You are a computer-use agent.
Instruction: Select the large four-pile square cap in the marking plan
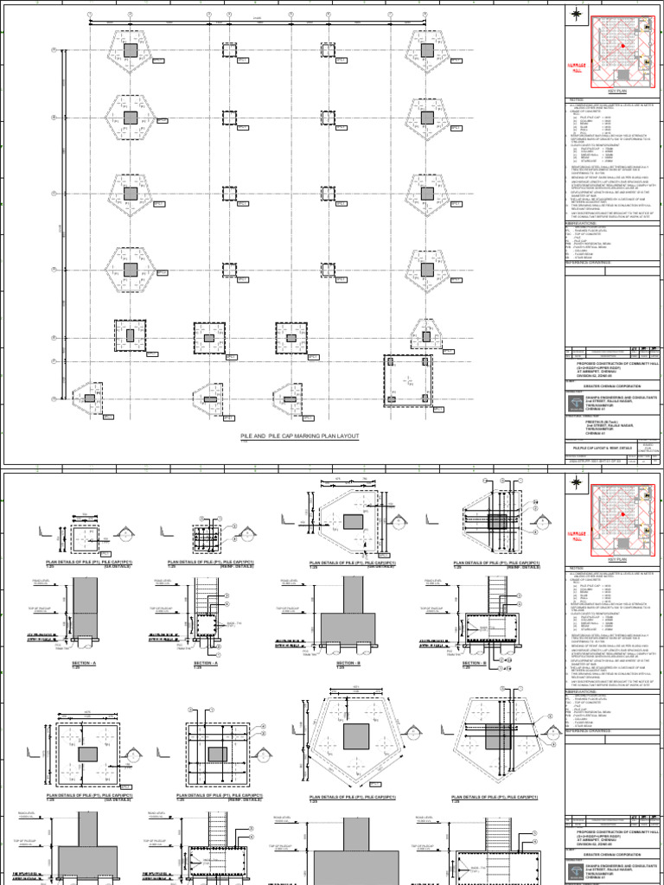coord(408,379)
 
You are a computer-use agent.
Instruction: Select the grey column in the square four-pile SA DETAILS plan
coord(88,753)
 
